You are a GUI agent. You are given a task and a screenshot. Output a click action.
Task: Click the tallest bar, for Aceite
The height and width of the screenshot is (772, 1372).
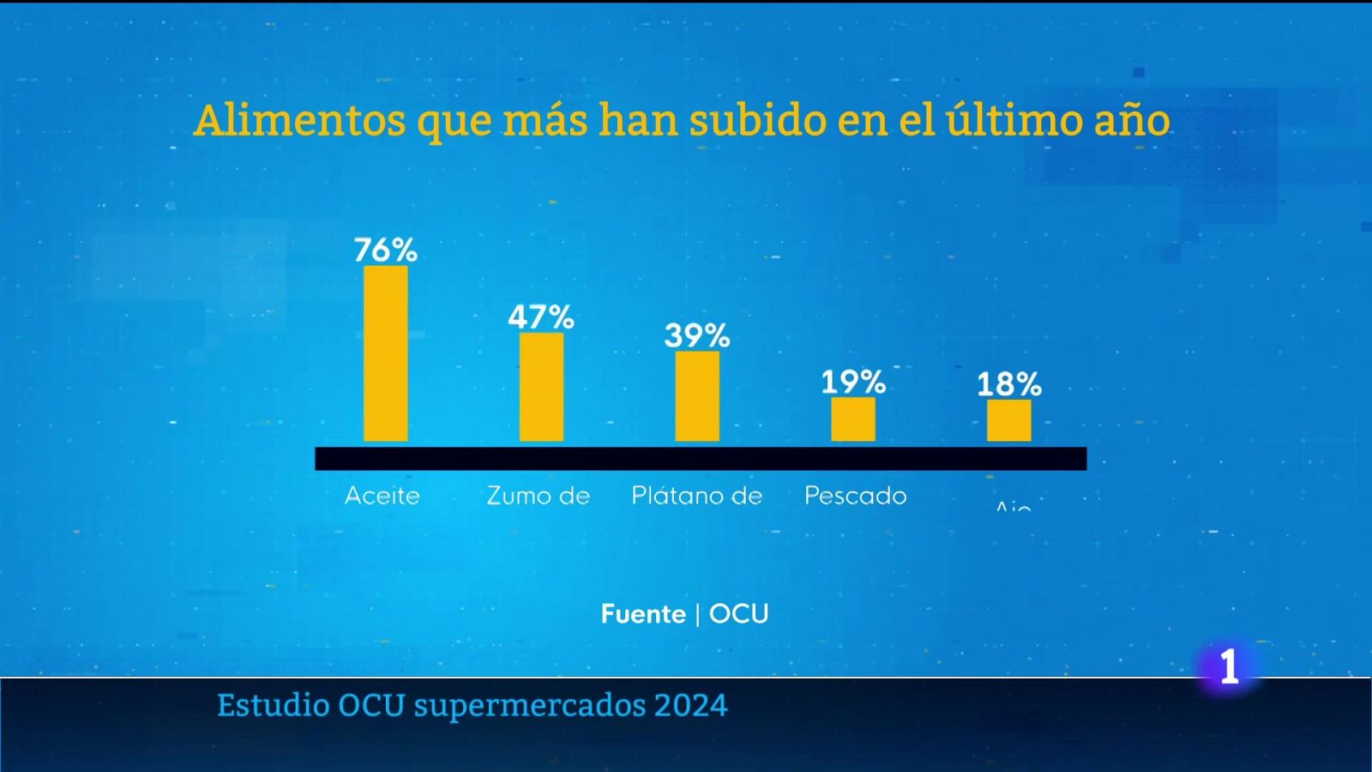pos(385,353)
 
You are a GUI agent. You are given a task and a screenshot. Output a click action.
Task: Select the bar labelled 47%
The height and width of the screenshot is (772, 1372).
pos(541,387)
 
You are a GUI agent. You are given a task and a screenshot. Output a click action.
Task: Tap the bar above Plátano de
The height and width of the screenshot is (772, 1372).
pos(697,396)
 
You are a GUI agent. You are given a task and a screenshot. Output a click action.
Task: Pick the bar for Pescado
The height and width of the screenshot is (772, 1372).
pos(853,419)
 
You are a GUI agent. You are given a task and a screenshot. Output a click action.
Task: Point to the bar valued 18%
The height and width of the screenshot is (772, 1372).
pos(1008,420)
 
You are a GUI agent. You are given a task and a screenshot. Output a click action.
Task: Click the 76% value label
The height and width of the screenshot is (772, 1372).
pos(385,250)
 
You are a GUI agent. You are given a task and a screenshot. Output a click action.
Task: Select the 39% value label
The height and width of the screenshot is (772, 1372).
pos(697,335)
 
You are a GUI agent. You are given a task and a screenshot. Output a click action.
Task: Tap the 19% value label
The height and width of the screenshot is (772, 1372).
pos(853,382)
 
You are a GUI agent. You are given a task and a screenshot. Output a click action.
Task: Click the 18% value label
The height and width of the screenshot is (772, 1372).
pos(1009,384)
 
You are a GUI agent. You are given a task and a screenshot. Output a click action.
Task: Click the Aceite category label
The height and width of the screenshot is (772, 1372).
pos(382,496)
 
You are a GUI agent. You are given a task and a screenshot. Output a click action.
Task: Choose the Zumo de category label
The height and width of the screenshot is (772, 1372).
pos(539,496)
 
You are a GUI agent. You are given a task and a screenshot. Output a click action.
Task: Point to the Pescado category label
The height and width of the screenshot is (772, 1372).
pos(855,496)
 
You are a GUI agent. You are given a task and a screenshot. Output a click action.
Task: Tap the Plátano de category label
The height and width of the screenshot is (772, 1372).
pos(697,496)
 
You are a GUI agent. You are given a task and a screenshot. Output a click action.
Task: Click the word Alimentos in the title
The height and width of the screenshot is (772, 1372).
pos(299,120)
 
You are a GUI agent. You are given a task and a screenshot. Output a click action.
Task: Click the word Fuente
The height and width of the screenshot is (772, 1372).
pos(643,614)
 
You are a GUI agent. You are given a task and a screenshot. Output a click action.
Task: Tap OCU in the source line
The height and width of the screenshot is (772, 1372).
pos(738,614)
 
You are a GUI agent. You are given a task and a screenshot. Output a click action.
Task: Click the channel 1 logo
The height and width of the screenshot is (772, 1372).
pos(1230,666)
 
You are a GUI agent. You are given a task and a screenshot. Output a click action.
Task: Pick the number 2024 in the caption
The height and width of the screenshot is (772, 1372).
pos(690,706)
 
